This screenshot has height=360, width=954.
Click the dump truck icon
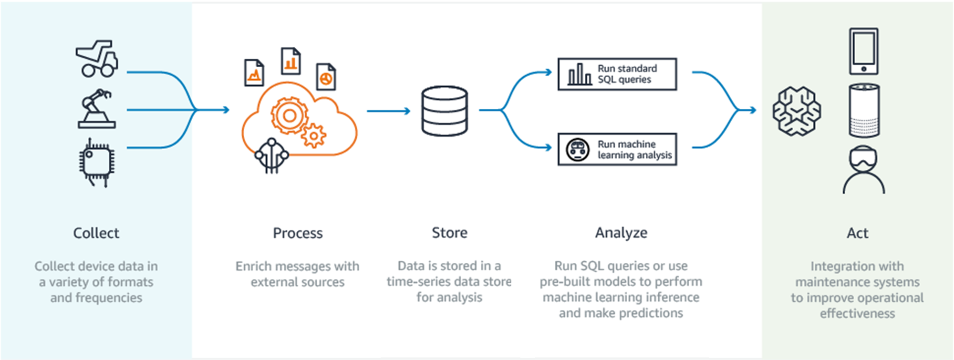[x=97, y=59]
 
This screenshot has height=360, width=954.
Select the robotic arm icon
[x=96, y=109]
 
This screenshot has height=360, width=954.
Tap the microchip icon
[x=96, y=162]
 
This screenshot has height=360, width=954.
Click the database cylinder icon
[x=445, y=111]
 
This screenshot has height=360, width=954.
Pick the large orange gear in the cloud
[x=289, y=115]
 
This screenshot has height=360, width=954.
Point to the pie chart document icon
[x=326, y=77]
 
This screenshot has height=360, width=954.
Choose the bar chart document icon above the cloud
[x=290, y=61]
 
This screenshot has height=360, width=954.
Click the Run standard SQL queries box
[x=617, y=74]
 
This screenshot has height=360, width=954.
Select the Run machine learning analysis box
[x=617, y=149]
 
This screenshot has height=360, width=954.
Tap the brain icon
[x=797, y=111]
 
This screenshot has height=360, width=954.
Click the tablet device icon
[x=863, y=51]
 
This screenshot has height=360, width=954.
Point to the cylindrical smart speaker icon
[x=864, y=111]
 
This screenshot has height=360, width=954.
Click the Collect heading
[x=96, y=233]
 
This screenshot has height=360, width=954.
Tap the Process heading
[x=298, y=233]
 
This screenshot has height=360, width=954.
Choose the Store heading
[x=449, y=233]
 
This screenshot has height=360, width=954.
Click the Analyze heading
[x=621, y=233]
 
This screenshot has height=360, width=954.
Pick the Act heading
[x=857, y=233]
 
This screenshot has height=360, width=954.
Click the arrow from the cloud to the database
[x=388, y=111]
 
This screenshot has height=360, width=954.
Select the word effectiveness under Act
[x=857, y=313]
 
